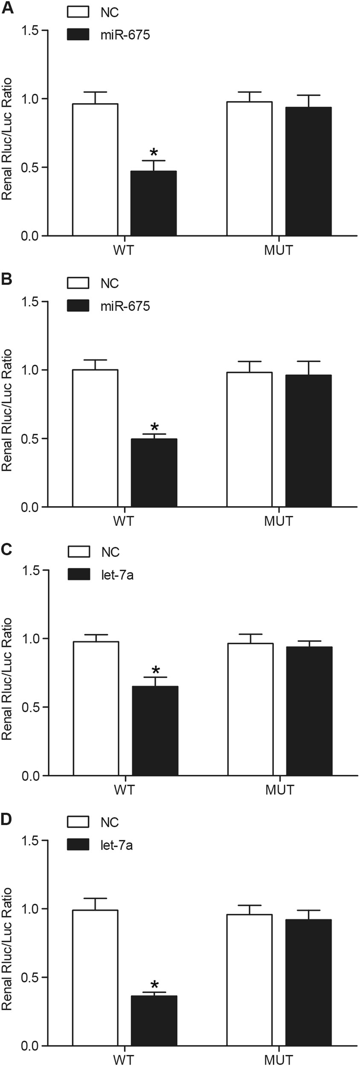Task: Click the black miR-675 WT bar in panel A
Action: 154,203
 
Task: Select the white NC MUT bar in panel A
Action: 249,169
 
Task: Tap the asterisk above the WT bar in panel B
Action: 154,426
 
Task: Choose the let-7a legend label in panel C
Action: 117,574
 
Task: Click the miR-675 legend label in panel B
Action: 125,306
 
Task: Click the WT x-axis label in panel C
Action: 124,790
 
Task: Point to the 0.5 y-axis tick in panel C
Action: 30,707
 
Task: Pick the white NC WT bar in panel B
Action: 95,438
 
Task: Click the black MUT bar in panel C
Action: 309,711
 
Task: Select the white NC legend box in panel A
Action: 78,12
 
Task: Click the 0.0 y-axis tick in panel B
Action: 30,507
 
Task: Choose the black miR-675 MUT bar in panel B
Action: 308,441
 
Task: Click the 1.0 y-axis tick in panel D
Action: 30,908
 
